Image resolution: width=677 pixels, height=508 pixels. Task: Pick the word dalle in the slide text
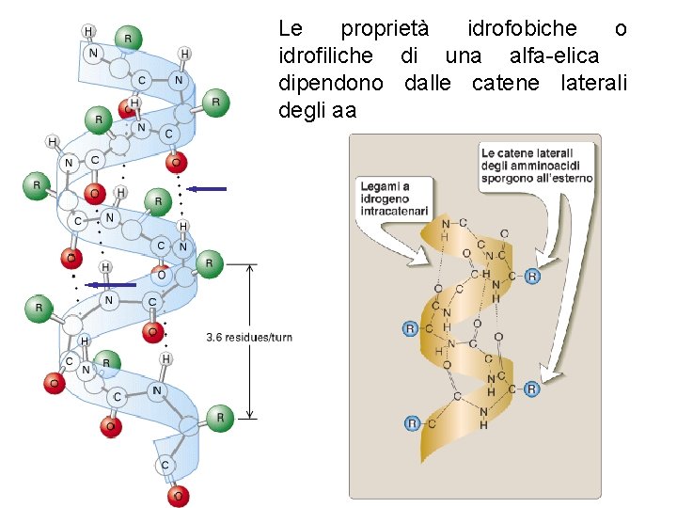[x=428, y=84]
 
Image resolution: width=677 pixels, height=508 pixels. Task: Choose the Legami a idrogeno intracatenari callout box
[x=395, y=198]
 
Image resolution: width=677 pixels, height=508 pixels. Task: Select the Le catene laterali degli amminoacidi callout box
[x=537, y=166]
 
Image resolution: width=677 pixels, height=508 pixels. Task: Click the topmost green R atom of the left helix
[x=129, y=39]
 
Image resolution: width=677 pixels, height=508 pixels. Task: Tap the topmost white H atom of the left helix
[x=88, y=31]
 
